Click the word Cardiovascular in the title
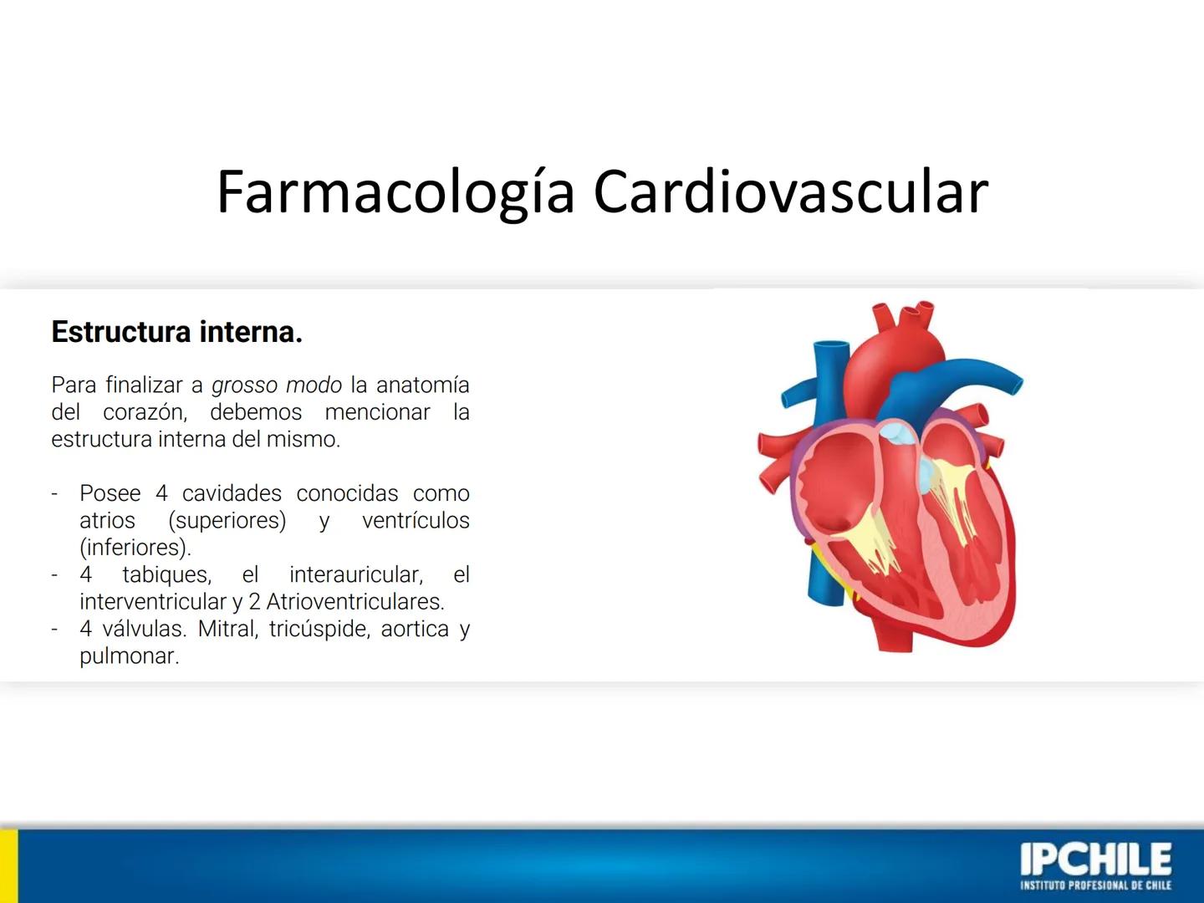point(791,192)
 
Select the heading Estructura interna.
point(176,332)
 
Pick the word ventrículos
point(416,520)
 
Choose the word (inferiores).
point(135,548)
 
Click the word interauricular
point(355,574)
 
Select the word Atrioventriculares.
point(355,601)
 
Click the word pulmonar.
point(129,656)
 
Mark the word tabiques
point(166,574)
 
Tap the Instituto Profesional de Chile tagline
point(1095,885)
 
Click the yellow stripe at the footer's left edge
point(8,865)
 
